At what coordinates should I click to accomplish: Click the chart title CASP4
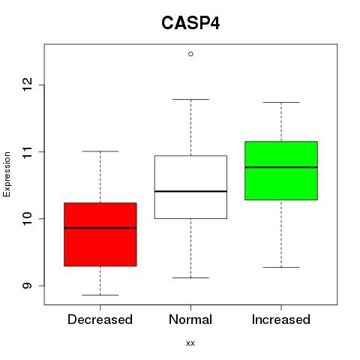(x=190, y=23)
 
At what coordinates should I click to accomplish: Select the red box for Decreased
(x=100, y=234)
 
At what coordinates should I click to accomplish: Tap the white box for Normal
(x=190, y=187)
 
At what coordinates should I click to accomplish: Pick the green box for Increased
(x=281, y=170)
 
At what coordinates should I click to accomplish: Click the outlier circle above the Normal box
(x=190, y=54)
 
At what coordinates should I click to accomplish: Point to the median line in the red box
(x=100, y=228)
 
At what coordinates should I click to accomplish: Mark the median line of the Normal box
(x=190, y=191)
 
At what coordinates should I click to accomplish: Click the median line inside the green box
(x=281, y=167)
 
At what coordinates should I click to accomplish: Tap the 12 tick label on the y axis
(x=28, y=85)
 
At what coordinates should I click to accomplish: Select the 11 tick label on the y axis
(x=28, y=151)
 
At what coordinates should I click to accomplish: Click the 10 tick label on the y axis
(x=28, y=218)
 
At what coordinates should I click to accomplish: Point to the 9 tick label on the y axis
(x=28, y=286)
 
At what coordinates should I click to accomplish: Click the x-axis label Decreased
(x=100, y=319)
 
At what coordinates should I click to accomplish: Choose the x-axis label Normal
(x=190, y=319)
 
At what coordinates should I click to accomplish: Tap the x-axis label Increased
(x=281, y=319)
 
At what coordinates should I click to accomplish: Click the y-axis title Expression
(x=7, y=174)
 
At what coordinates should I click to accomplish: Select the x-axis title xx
(x=190, y=343)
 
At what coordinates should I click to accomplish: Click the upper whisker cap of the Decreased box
(x=100, y=151)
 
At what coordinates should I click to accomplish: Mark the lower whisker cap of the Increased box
(x=281, y=267)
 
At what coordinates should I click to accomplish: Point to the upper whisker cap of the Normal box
(x=190, y=99)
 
